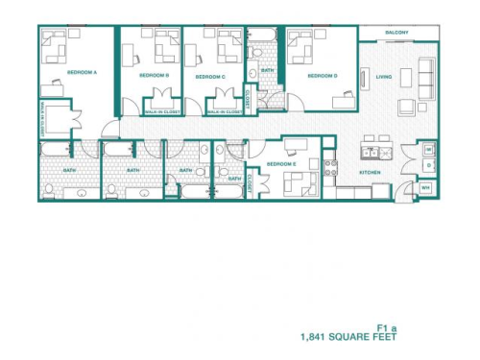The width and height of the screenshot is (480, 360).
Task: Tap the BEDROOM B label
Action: point(154,75)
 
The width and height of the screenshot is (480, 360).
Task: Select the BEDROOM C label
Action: point(210,76)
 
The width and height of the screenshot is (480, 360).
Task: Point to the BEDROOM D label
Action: point(322,75)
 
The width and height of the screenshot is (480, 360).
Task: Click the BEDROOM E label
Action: point(280,164)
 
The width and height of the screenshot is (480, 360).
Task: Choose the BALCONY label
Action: point(396,33)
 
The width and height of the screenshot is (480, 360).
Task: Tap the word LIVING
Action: point(384,77)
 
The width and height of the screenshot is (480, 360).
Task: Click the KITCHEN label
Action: point(371,172)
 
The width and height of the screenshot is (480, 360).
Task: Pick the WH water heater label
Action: point(426,188)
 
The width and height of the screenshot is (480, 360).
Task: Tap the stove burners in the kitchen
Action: point(331,164)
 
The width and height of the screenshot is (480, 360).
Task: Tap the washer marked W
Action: point(427,149)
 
